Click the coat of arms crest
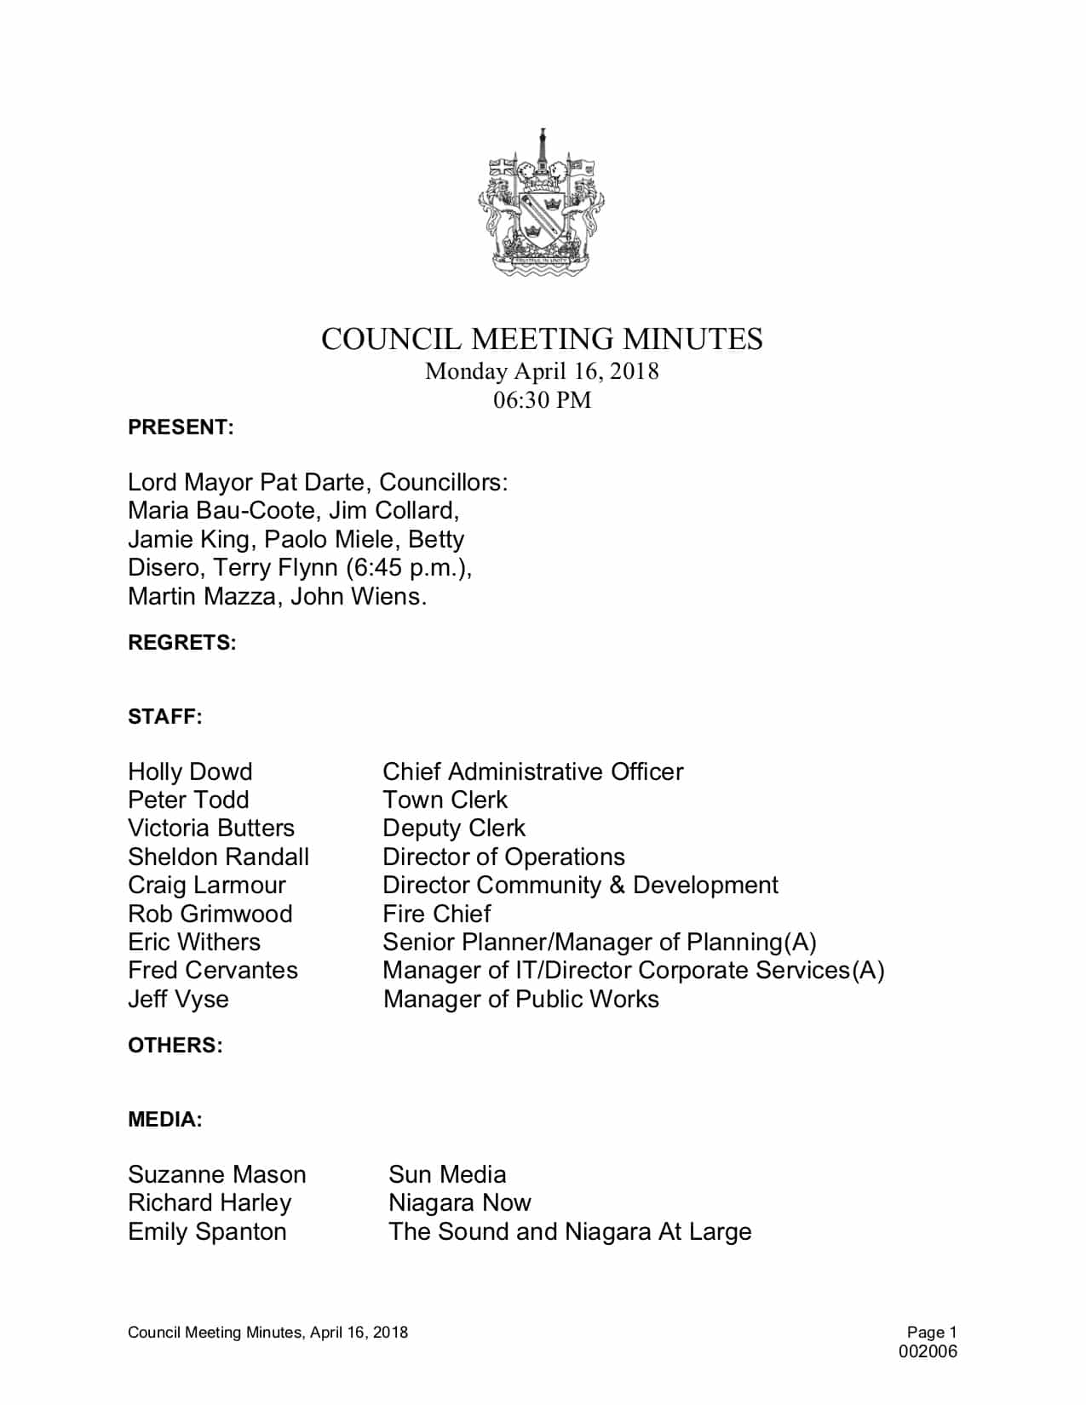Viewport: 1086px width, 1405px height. tap(542, 204)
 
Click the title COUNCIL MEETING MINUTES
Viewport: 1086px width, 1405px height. tap(542, 339)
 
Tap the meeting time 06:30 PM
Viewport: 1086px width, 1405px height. tap(542, 399)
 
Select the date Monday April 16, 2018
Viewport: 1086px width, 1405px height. tap(542, 371)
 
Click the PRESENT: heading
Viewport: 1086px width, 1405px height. tap(181, 427)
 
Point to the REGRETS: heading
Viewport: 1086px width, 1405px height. tap(182, 643)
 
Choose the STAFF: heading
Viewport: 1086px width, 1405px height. tap(165, 717)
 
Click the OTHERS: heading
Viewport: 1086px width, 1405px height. tap(175, 1046)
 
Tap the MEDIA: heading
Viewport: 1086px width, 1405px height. tap(165, 1120)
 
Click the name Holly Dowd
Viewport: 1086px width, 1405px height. tap(190, 771)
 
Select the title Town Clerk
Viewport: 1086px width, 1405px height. tap(445, 800)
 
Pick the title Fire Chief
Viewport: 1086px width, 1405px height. tap(436, 914)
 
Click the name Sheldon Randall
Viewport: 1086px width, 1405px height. tap(218, 857)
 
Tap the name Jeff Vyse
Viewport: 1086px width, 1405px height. tap(178, 999)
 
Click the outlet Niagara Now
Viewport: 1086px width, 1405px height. tap(459, 1202)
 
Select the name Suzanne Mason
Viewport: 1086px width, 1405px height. tap(216, 1174)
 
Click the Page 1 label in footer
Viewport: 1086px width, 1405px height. tap(932, 1333)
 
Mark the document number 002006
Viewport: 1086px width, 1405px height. tap(928, 1351)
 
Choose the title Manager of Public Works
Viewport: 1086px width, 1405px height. tap(520, 999)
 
